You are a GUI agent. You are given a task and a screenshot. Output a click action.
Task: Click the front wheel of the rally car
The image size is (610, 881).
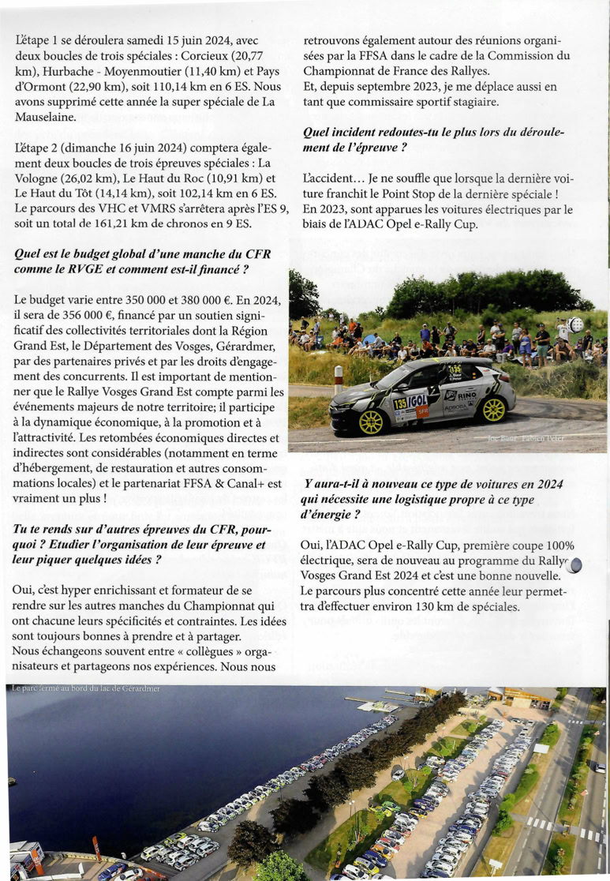(x=371, y=421)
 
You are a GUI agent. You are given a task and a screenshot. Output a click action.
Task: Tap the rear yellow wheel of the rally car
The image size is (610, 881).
(x=493, y=408)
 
